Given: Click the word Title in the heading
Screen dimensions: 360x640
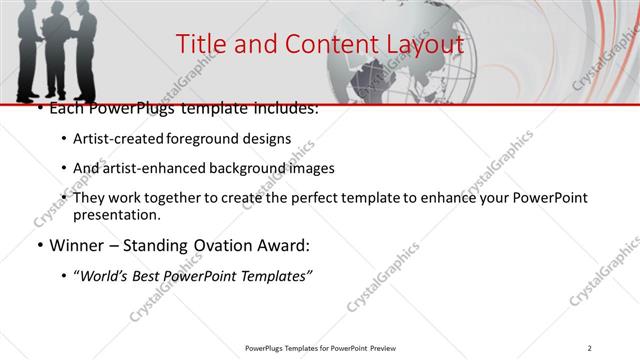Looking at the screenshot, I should click(x=200, y=44).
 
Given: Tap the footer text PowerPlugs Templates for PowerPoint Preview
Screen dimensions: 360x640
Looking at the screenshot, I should click(x=319, y=347).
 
